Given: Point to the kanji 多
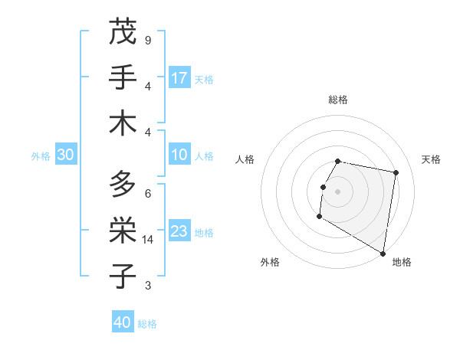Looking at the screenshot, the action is [x=122, y=184].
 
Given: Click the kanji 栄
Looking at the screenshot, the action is [x=122, y=230].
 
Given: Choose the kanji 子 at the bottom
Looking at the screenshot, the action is [x=122, y=276].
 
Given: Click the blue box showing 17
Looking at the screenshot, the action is [x=179, y=78].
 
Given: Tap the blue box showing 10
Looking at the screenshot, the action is [x=179, y=155].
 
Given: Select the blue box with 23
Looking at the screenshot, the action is [x=179, y=231].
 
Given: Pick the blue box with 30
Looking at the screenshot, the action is [x=65, y=155].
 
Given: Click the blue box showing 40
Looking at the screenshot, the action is [x=123, y=322].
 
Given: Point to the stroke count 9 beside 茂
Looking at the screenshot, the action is [x=147, y=40].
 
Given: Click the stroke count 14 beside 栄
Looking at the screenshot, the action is [x=147, y=240].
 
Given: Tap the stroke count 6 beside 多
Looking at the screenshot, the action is [x=147, y=193].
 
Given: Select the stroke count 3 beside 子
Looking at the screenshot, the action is [x=147, y=286].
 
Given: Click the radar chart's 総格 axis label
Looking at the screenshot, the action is [x=338, y=100].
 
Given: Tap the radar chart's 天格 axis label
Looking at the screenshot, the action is [x=431, y=159].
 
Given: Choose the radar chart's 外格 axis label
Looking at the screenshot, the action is [x=270, y=262].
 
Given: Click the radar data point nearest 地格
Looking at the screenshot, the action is [x=383, y=254].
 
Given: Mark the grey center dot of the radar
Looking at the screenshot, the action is [x=337, y=191].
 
